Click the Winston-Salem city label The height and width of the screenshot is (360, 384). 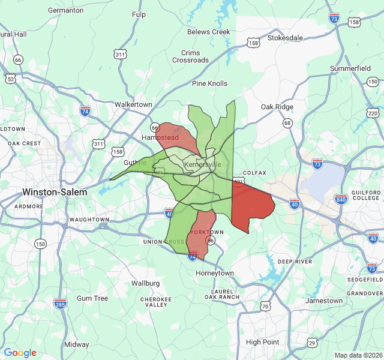pyautogui.click(x=55, y=192)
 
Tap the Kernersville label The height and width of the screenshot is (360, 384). pyautogui.click(x=203, y=164)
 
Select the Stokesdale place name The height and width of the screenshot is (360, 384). pyautogui.click(x=285, y=37)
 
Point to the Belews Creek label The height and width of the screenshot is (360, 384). pyautogui.click(x=208, y=32)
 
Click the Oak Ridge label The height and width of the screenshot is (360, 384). pyautogui.click(x=277, y=107)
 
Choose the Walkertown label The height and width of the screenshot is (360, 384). pyautogui.click(x=133, y=104)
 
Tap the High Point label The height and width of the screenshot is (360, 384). pyautogui.click(x=262, y=342)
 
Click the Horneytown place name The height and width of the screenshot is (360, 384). pyautogui.click(x=215, y=273)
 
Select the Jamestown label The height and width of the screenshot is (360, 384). pyautogui.click(x=324, y=301)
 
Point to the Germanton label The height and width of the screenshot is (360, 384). pyautogui.click(x=65, y=10)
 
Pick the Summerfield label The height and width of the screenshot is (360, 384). pyautogui.click(x=350, y=68)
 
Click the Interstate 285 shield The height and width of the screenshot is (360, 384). pyautogui.click(x=60, y=304)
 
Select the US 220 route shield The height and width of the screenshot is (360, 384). pyautogui.click(x=373, y=113)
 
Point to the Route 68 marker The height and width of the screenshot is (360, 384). pyautogui.click(x=288, y=123)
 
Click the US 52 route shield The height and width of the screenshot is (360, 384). pyautogui.click(x=10, y=78)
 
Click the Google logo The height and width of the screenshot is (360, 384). pyautogui.click(x=20, y=353)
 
